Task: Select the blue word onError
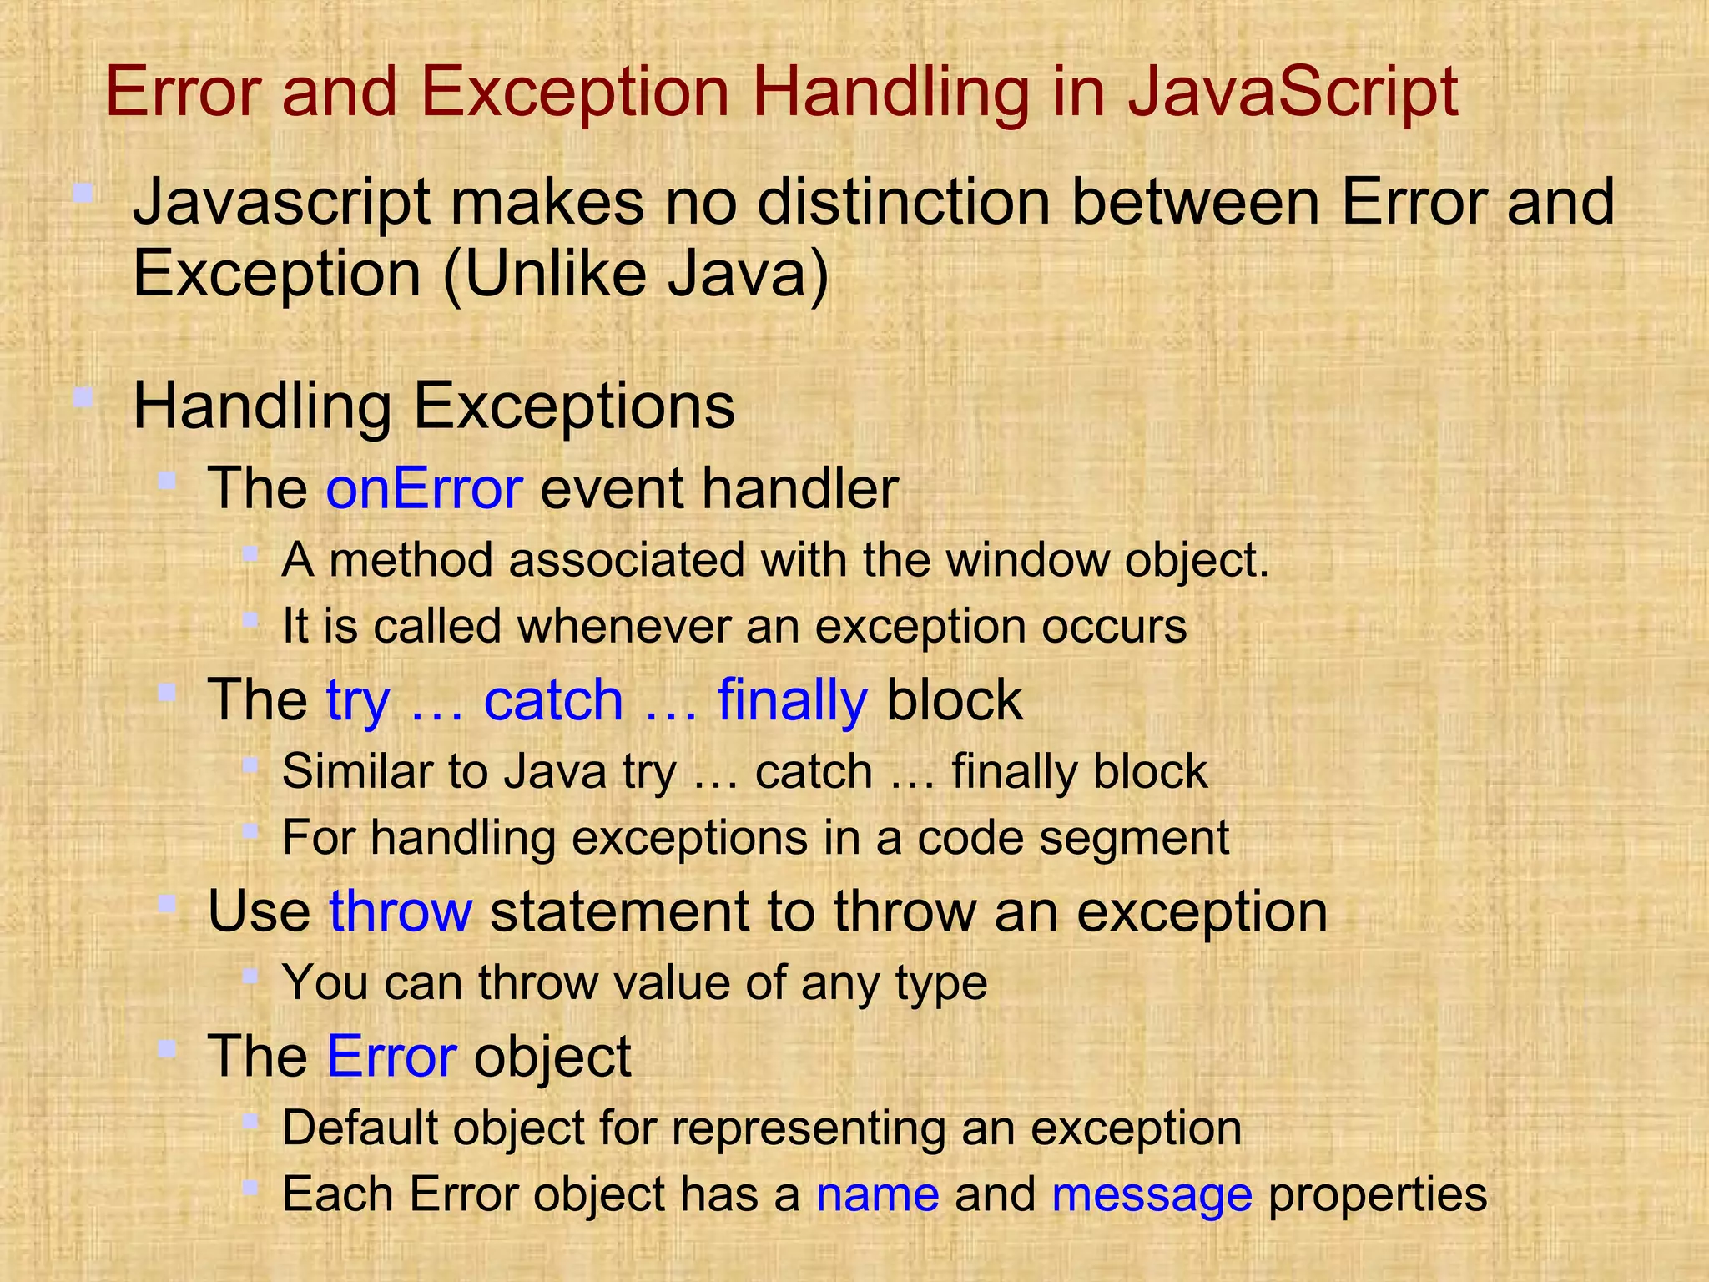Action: tap(424, 488)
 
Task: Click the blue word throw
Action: tap(401, 911)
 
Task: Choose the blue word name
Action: tap(878, 1194)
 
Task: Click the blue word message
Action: tap(1152, 1194)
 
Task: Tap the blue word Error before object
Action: tap(391, 1056)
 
